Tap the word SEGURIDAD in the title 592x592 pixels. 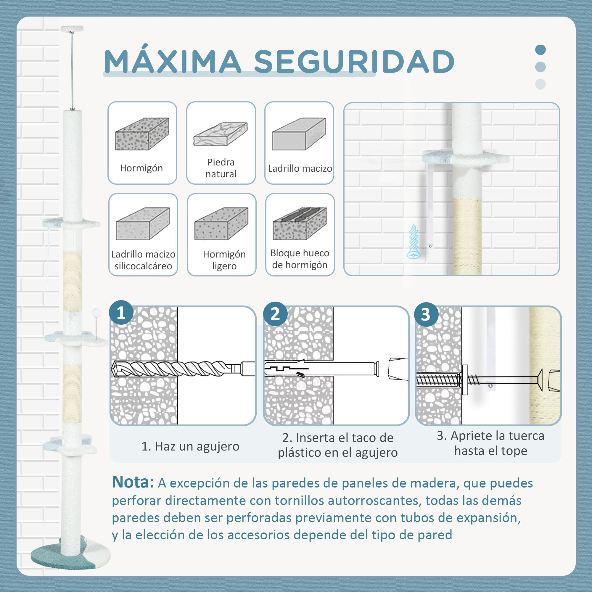click(354, 61)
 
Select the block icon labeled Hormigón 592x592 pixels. click(142, 134)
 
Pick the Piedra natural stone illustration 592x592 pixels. click(221, 134)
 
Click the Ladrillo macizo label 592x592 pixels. click(300, 168)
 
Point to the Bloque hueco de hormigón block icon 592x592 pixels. click(300, 223)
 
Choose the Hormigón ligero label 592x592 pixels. click(224, 260)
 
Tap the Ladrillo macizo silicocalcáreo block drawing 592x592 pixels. click(143, 223)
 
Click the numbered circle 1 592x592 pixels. click(121, 313)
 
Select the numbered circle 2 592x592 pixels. click(275, 314)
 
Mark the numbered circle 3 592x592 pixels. click(426, 314)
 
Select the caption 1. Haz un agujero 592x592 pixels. click(190, 446)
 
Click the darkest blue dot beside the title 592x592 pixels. click(540, 50)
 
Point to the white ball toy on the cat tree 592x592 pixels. click(96, 313)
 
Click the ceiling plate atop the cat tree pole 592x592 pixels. click(72, 29)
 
